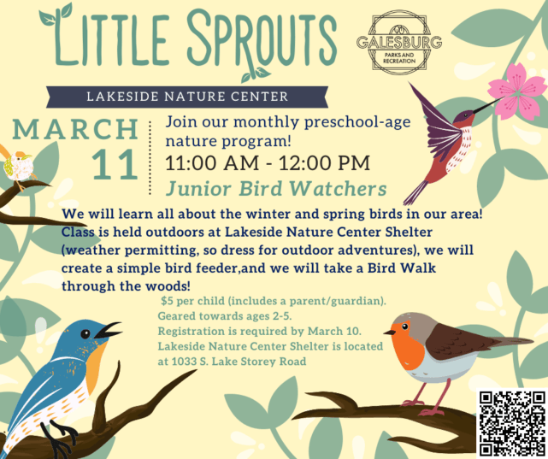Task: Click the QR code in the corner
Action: tap(511, 423)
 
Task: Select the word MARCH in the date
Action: tap(76, 130)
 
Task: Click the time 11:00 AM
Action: tap(219, 162)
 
